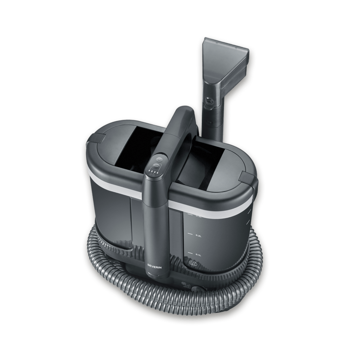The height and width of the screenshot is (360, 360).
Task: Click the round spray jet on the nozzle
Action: (x=210, y=101)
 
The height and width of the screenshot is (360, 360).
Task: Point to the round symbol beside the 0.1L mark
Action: (x=192, y=263)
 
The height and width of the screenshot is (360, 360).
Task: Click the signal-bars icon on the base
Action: (x=185, y=285)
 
